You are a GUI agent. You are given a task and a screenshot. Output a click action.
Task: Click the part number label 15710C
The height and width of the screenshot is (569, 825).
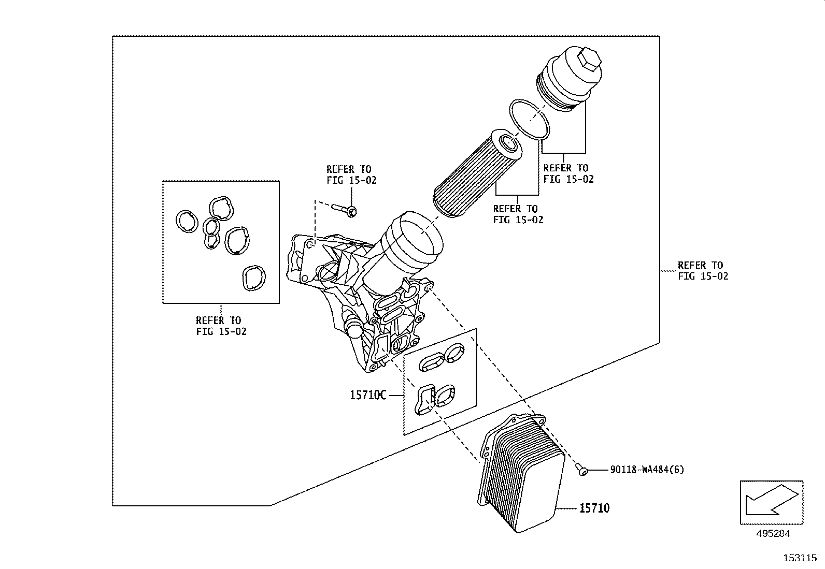tap(368, 396)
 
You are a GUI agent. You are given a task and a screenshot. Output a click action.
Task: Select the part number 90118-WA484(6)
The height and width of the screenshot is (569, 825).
tap(647, 470)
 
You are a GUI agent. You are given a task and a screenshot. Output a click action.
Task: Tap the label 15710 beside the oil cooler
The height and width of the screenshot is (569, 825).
tap(594, 508)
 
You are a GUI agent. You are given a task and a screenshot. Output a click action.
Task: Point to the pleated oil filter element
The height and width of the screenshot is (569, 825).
tap(477, 173)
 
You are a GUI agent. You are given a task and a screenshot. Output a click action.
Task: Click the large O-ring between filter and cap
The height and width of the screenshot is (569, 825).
tap(528, 119)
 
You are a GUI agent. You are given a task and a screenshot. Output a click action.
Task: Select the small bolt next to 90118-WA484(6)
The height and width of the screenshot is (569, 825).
tap(582, 470)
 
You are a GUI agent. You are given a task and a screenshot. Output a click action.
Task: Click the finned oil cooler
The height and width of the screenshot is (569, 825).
tap(523, 476)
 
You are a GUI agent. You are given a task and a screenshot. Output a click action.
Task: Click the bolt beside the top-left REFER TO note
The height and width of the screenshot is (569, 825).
tap(344, 209)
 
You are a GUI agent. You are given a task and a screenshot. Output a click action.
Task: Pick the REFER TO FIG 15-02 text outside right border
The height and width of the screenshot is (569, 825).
tap(703, 271)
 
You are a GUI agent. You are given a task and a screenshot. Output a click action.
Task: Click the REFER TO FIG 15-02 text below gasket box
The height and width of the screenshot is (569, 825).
tap(221, 326)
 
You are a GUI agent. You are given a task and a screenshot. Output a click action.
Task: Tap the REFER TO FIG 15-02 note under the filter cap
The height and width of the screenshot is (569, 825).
tap(568, 173)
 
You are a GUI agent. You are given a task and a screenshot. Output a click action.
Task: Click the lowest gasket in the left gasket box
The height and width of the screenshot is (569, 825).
tap(254, 278)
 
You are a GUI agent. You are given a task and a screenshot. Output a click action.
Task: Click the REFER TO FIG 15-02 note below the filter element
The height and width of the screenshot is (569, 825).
tap(518, 214)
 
